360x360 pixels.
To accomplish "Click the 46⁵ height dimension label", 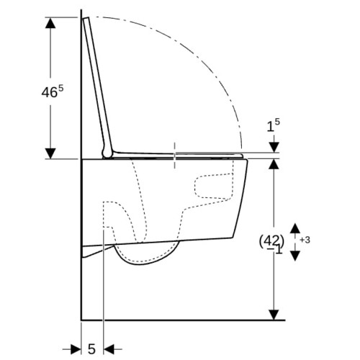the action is pyautogui.click(x=53, y=91).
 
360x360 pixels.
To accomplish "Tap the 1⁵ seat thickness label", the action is pyautogui.click(x=274, y=125).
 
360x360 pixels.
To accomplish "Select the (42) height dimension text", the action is pyautogui.click(x=271, y=241).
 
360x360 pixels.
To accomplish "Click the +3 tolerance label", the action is pyautogui.click(x=305, y=240).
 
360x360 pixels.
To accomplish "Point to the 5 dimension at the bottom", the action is pyautogui.click(x=91, y=348).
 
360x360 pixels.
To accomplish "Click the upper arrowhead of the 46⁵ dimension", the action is pyautogui.click(x=50, y=23).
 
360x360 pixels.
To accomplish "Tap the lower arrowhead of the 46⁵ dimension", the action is pyautogui.click(x=50, y=153).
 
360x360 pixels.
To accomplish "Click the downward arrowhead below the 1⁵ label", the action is pyautogui.click(x=274, y=147).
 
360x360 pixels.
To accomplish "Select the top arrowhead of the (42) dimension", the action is pyautogui.click(x=274, y=164).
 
